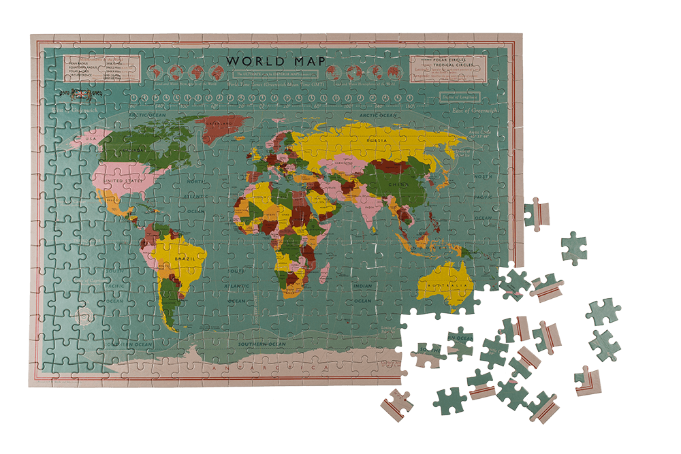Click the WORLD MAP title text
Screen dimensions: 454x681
point(275,61)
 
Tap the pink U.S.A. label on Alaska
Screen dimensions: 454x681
point(87,140)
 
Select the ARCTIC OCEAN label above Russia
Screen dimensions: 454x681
point(377,116)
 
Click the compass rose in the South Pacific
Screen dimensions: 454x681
point(84,315)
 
